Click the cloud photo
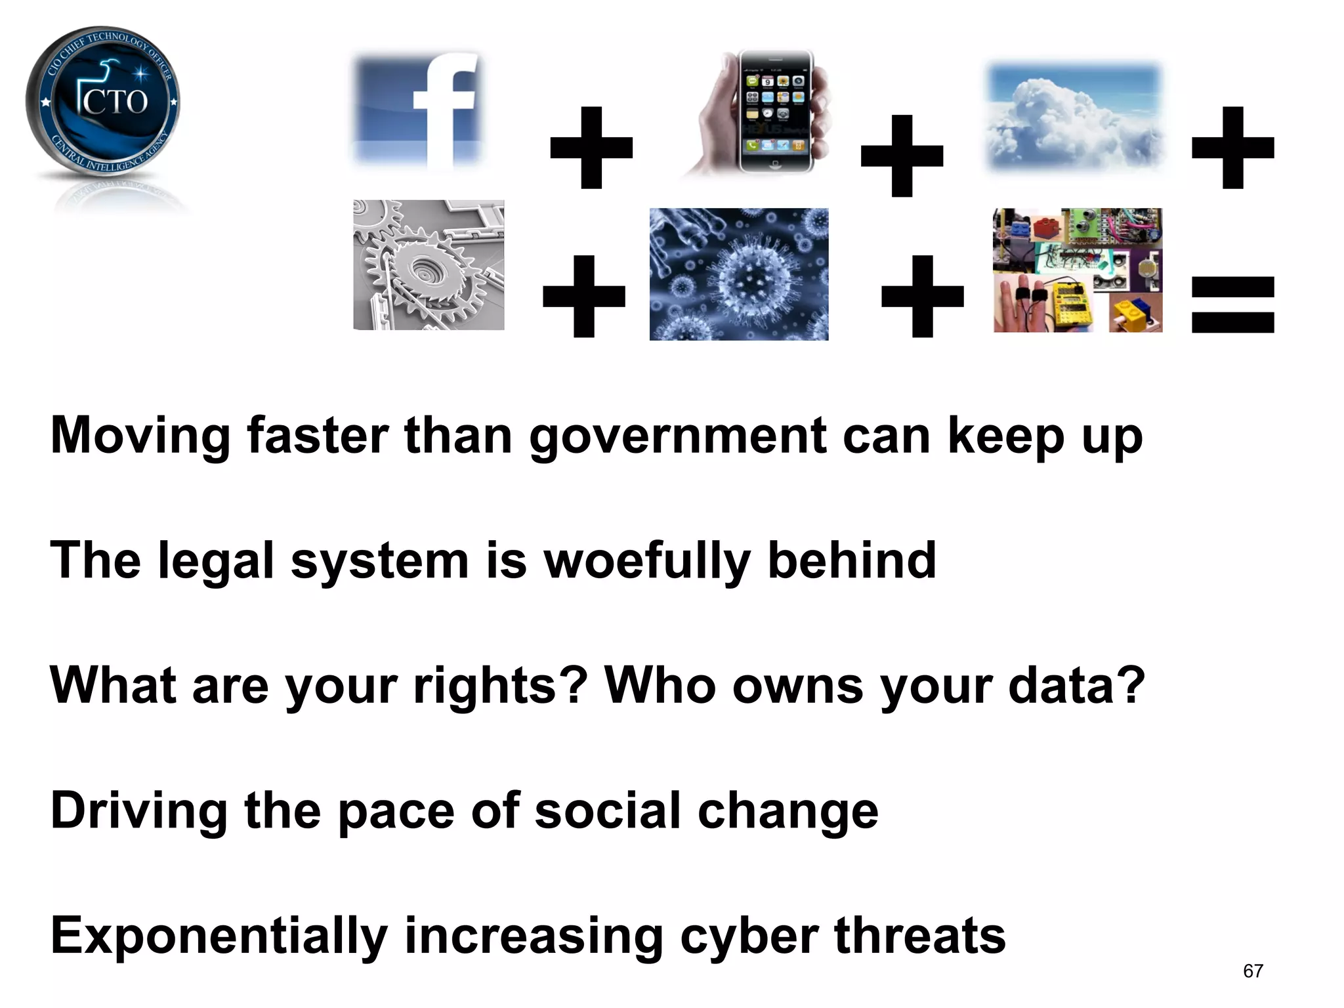[x=1075, y=115]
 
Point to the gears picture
[x=429, y=265]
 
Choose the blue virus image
[x=739, y=274]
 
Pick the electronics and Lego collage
[x=1078, y=270]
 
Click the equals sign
[x=1232, y=304]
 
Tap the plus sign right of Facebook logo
[x=591, y=148]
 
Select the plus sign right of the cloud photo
[x=1232, y=148]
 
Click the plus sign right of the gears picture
[x=584, y=297]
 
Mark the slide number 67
[x=1253, y=971]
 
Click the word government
[x=677, y=436]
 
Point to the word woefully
[x=647, y=562]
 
